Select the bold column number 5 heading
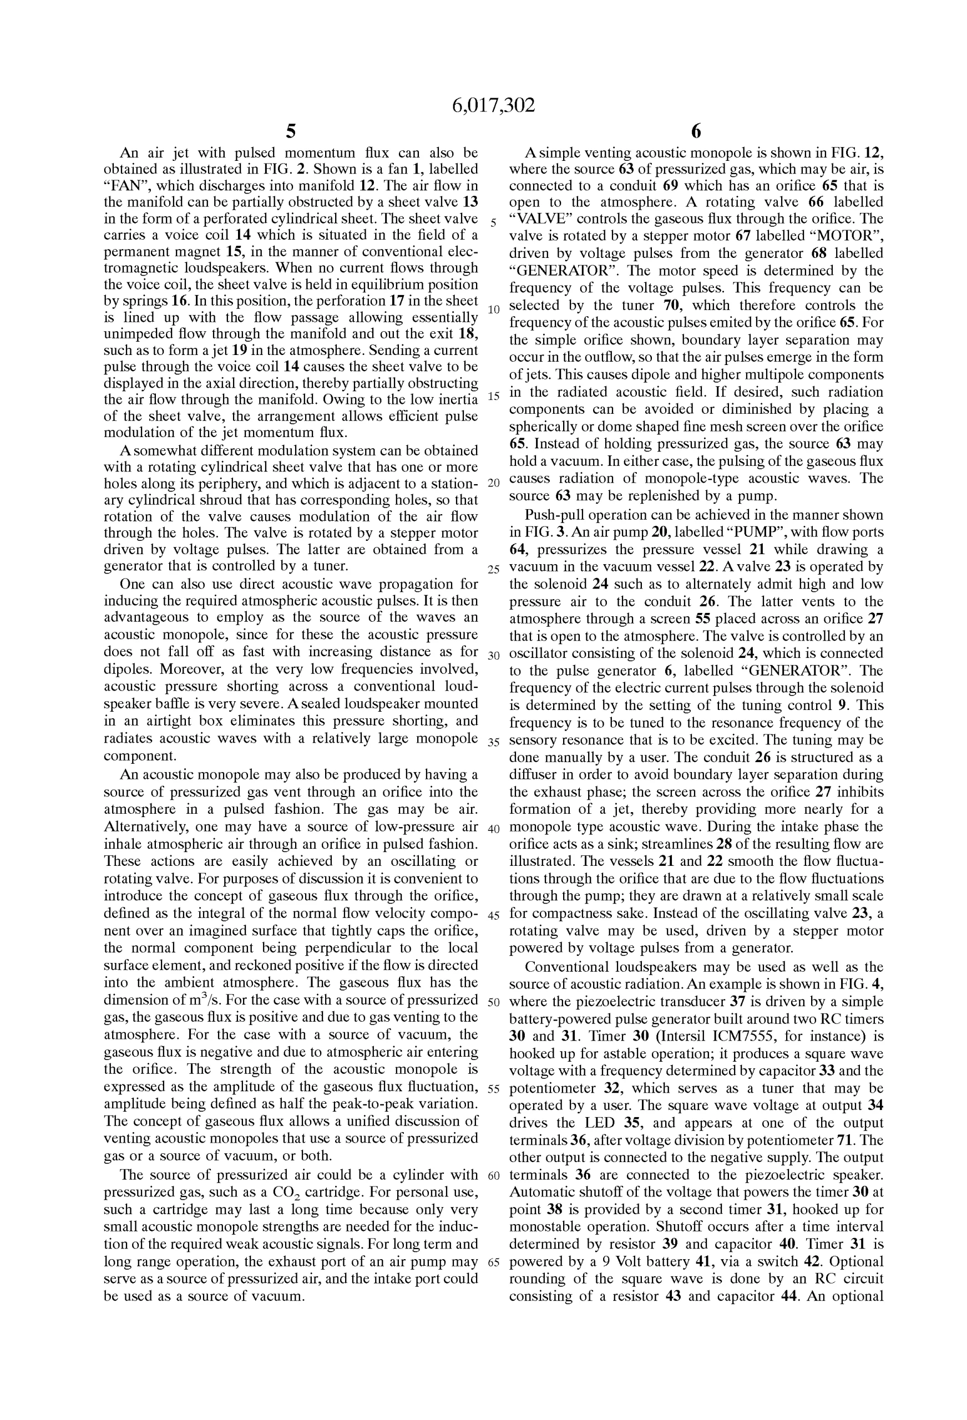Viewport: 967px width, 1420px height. coord(291,131)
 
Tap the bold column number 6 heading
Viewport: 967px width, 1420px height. coord(696,131)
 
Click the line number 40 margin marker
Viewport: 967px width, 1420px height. coord(493,830)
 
